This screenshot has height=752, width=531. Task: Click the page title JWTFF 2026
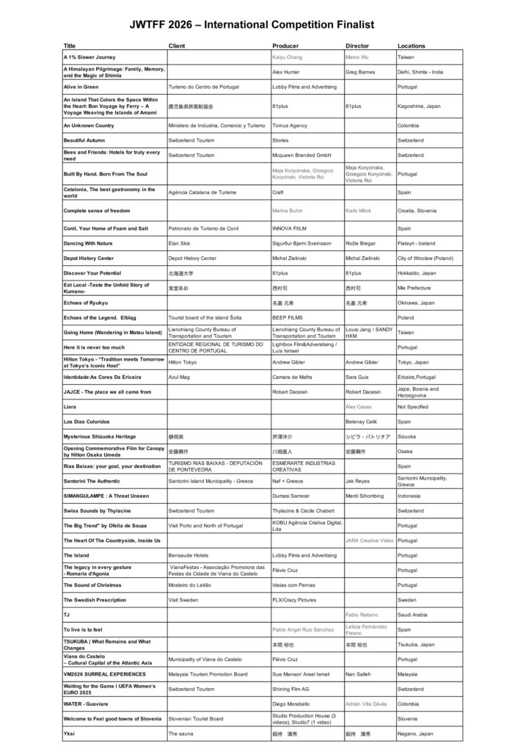pyautogui.click(x=262, y=25)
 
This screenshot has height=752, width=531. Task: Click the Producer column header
pyautogui.click(x=285, y=46)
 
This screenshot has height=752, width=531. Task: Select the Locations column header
pyautogui.click(x=411, y=46)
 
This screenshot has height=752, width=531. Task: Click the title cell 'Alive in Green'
pyautogui.click(x=81, y=87)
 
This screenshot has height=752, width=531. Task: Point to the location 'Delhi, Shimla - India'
pyautogui.click(x=420, y=72)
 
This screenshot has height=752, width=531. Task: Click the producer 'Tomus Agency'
pyautogui.click(x=289, y=126)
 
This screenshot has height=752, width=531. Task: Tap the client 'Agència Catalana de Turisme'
pyautogui.click(x=202, y=192)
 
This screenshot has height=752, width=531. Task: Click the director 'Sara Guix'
pyautogui.click(x=358, y=377)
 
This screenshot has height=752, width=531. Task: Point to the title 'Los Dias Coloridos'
pyautogui.click(x=87, y=422)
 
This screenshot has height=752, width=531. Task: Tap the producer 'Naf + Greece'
pyautogui.click(x=287, y=481)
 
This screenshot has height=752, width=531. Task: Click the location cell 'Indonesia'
pyautogui.click(x=409, y=496)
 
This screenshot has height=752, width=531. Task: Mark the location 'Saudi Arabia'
pyautogui.click(x=413, y=614)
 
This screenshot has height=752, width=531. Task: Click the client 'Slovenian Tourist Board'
pyautogui.click(x=196, y=718)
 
